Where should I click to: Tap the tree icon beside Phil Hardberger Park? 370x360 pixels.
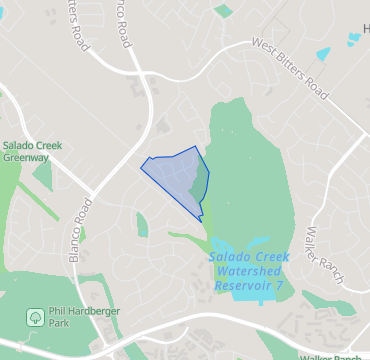point(34,318)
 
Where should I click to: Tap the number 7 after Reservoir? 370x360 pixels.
point(280,285)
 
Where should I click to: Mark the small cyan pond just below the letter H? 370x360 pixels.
point(355,38)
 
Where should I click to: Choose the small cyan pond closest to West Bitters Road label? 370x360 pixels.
point(321,54)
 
